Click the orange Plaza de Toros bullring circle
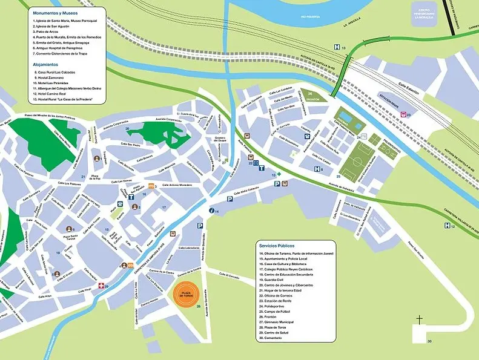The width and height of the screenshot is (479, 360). (x=185, y=294)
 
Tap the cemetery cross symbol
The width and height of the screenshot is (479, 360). (x=418, y=318)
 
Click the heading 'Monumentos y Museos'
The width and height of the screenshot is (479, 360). (x=56, y=12)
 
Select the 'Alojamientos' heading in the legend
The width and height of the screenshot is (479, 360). (x=46, y=64)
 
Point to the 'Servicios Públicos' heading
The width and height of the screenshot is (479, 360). (x=277, y=246)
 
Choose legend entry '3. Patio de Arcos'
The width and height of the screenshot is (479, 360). (x=49, y=32)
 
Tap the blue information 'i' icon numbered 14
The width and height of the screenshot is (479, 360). (x=211, y=211)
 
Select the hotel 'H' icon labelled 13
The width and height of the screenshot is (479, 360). (x=336, y=47)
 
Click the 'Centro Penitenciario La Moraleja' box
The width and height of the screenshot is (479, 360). (x=424, y=13)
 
